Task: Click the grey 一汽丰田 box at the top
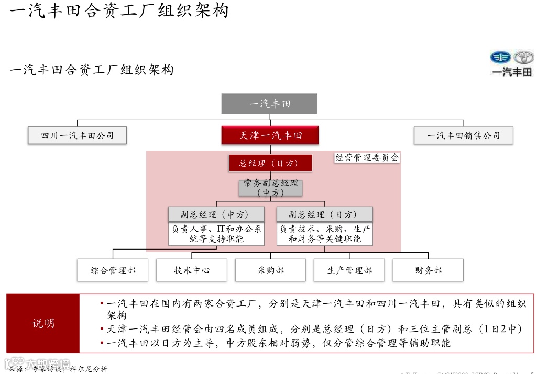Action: [269, 104]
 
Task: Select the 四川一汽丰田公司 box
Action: [78, 135]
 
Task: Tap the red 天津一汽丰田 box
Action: [270, 135]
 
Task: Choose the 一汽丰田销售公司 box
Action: [463, 135]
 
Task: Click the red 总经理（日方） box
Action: [270, 163]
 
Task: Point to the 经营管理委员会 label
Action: [367, 157]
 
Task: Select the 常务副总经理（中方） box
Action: [270, 188]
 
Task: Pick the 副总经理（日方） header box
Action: [325, 214]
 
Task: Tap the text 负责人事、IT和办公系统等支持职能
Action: [216, 234]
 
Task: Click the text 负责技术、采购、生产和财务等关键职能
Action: [325, 234]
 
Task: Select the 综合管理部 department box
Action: [113, 270]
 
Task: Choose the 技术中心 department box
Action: [192, 270]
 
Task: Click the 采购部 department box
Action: [270, 270]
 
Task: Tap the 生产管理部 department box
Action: [349, 270]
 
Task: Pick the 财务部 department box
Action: [428, 270]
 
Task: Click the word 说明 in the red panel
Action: [43, 323]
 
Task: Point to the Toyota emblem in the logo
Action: [523, 57]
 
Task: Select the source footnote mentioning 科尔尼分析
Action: [59, 369]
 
